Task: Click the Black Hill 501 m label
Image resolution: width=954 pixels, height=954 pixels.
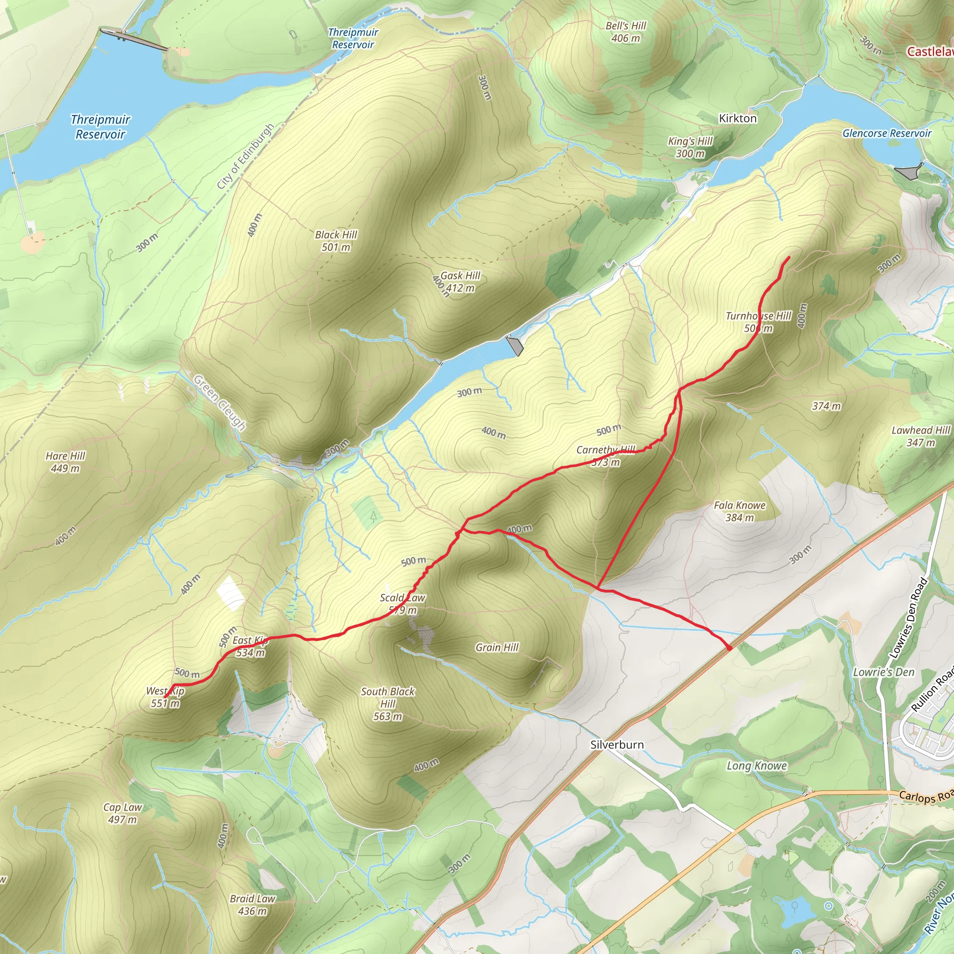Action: click(x=336, y=241)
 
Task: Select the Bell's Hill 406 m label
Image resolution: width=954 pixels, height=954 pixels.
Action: click(x=626, y=32)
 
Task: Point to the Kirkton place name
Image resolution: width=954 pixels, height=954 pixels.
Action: click(x=737, y=118)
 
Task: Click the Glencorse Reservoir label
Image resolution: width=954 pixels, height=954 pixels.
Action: click(x=886, y=133)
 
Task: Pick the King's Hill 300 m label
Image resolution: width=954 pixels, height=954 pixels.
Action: click(x=690, y=147)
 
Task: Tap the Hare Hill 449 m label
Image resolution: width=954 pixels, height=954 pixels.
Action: click(x=65, y=462)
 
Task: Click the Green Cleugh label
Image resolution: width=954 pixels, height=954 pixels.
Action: click(x=219, y=402)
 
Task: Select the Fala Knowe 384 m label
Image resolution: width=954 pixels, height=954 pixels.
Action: click(x=739, y=511)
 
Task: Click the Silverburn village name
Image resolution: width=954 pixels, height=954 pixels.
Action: click(x=617, y=745)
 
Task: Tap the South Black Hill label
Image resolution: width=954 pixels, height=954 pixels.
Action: click(x=388, y=704)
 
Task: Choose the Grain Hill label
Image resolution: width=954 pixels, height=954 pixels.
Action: click(x=497, y=647)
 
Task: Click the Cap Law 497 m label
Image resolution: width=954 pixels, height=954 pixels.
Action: click(x=123, y=813)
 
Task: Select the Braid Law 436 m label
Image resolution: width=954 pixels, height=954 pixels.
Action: click(x=252, y=905)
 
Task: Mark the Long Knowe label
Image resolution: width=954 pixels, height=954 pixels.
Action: click(x=756, y=766)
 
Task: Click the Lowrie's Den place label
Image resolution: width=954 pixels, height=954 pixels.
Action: click(x=883, y=672)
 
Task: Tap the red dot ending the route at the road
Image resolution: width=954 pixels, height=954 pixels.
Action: click(x=729, y=647)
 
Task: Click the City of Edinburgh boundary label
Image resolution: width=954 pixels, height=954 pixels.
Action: click(x=245, y=157)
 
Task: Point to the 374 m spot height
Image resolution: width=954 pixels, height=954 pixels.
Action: click(x=826, y=406)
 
